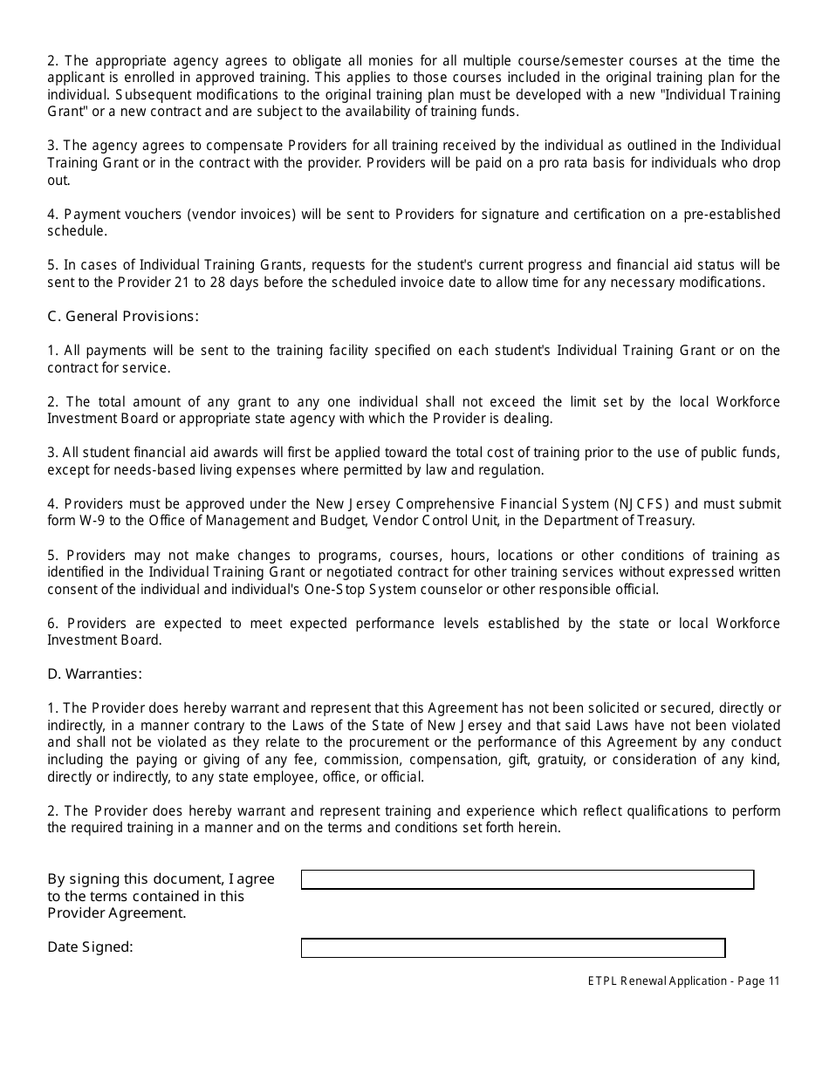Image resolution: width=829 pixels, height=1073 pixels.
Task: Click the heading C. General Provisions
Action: click(123, 316)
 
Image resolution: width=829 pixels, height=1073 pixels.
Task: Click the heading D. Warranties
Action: click(94, 673)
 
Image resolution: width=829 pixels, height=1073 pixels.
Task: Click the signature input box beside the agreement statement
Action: click(527, 879)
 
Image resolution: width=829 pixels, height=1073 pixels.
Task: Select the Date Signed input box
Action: click(513, 947)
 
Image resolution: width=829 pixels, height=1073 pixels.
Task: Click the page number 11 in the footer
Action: click(774, 981)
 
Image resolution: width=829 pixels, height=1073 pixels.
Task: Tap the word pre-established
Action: click(737, 214)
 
